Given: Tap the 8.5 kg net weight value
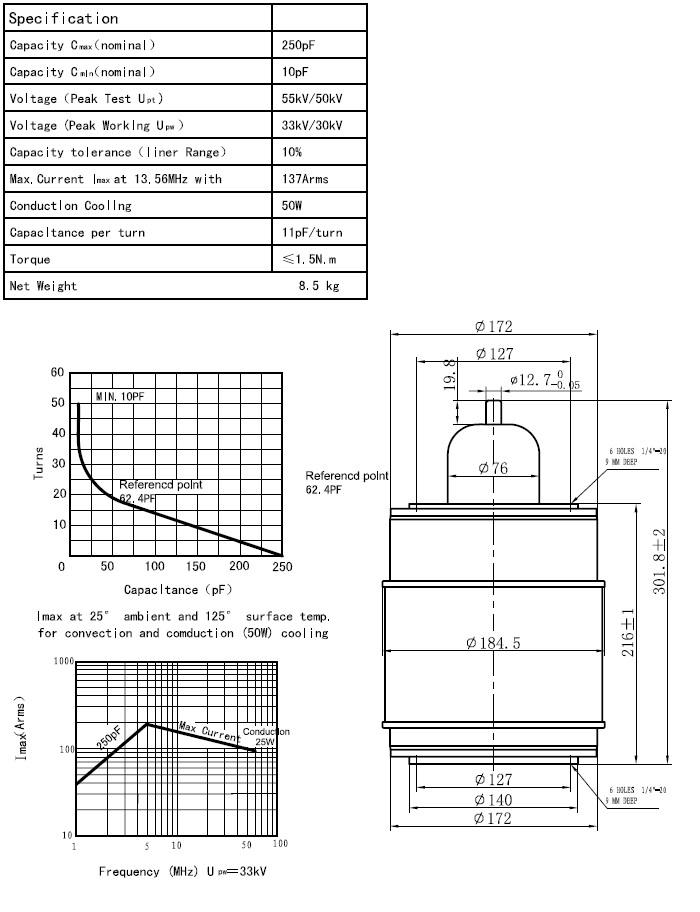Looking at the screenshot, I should [x=319, y=286].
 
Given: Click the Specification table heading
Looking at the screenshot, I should [x=64, y=18].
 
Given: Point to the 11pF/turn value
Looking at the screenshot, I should [x=312, y=232].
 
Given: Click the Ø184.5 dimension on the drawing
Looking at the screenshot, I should [x=493, y=642].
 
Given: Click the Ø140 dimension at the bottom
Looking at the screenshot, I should [x=494, y=799].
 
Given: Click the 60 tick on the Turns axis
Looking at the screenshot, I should [x=58, y=372].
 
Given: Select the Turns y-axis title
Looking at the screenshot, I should [x=38, y=463].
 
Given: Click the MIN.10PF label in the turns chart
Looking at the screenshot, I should [x=120, y=397].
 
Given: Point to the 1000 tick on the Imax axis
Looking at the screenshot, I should [x=63, y=662].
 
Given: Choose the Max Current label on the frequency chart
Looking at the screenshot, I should [x=207, y=731].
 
